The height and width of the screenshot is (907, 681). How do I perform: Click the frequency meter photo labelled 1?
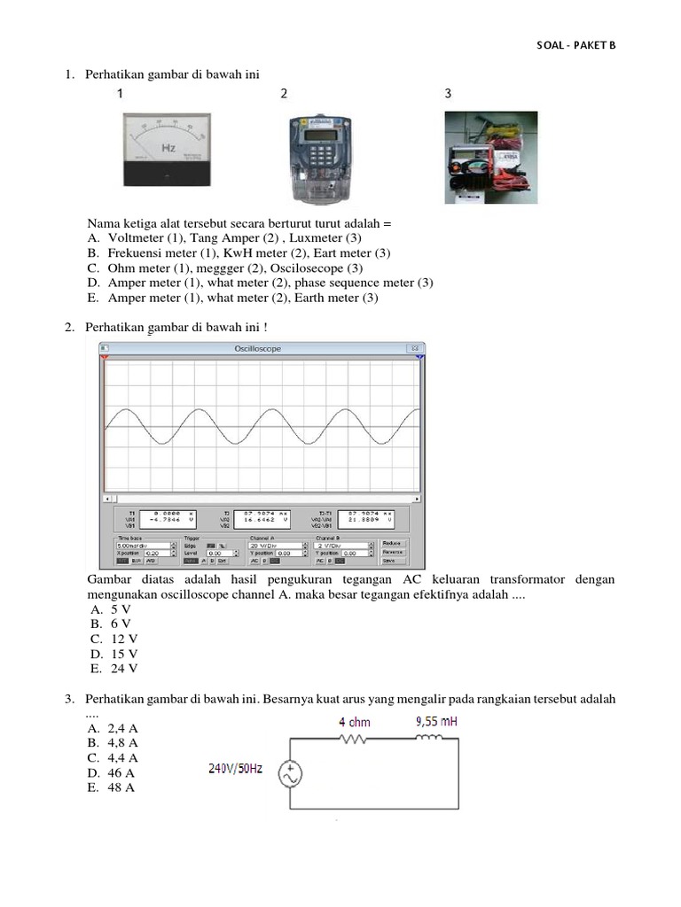(168, 151)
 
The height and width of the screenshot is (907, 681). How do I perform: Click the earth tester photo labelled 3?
(490, 157)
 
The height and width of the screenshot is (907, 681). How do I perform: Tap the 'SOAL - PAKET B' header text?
(575, 46)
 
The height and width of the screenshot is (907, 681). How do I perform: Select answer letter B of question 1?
(92, 253)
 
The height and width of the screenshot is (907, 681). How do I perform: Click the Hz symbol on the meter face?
(168, 146)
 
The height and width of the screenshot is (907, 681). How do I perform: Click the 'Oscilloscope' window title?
(257, 349)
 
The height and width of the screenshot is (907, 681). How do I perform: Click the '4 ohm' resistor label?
(355, 723)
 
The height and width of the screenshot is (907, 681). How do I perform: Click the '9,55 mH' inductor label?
(436, 722)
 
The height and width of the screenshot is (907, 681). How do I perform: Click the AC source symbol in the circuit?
(289, 775)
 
